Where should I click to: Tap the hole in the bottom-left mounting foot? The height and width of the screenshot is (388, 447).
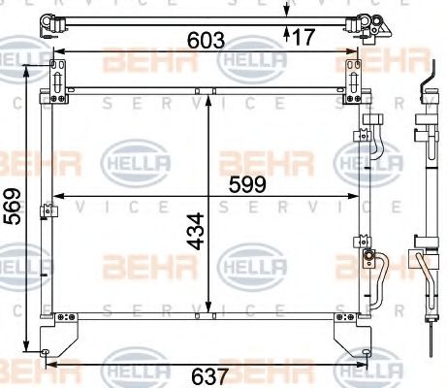[x=47, y=351]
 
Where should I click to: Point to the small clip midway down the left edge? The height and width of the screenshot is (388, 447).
[x=44, y=210]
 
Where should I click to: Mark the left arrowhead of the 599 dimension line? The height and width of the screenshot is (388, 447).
[x=54, y=196]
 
